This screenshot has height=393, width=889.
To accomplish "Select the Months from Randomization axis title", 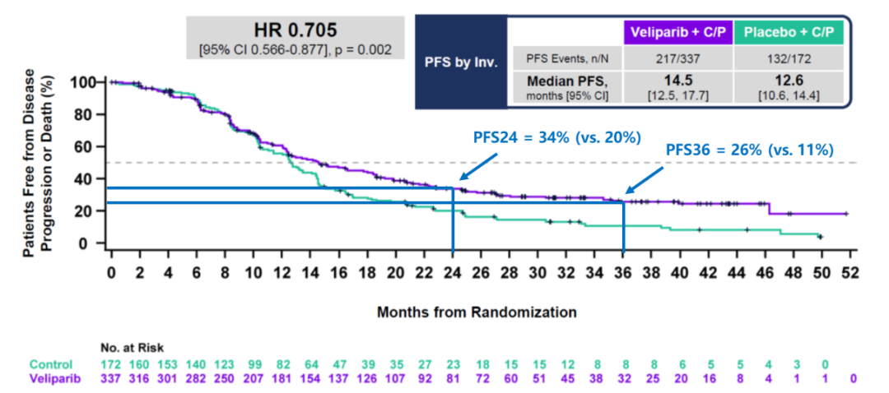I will tap(477, 312).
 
